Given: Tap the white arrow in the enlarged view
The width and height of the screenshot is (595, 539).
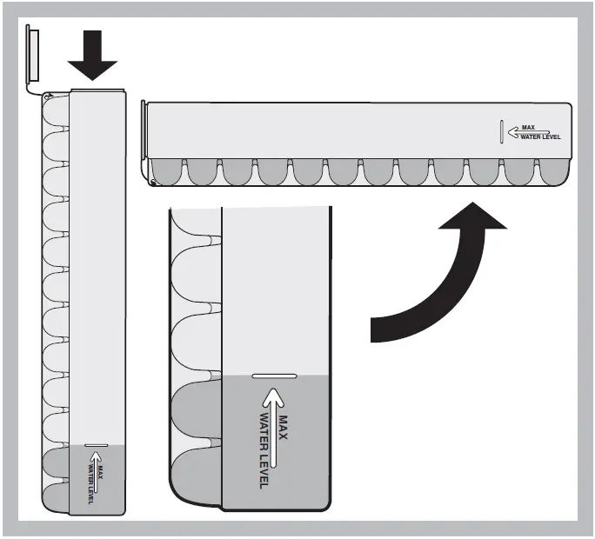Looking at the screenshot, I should pos(274,430).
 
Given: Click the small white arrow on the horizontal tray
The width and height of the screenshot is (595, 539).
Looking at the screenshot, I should pos(516,132).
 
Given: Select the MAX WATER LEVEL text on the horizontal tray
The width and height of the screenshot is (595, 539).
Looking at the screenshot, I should pos(543,132).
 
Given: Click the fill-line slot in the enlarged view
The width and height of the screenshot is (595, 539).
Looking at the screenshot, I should pos(275,376).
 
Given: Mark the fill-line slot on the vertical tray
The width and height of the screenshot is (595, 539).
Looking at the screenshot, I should pos(96,446).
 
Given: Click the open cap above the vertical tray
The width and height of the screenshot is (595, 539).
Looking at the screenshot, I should pos(32,54).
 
